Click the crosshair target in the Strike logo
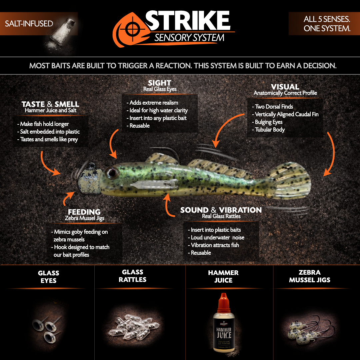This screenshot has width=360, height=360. click(x=132, y=29)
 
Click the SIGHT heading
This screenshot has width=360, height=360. click(x=160, y=83)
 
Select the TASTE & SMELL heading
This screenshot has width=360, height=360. click(x=50, y=104)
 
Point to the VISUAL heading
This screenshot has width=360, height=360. click(x=285, y=87)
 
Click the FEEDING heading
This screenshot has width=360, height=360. click(x=84, y=212)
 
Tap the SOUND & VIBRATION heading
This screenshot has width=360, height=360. click(x=221, y=210)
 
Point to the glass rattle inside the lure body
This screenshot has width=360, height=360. click(x=153, y=184)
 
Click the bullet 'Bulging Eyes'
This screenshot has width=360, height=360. click(x=268, y=122)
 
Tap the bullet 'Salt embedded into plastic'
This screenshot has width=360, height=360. click(x=48, y=132)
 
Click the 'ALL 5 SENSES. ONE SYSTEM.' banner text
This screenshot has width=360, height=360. click(x=327, y=24)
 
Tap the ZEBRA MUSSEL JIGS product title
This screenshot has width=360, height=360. click(x=309, y=276)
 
